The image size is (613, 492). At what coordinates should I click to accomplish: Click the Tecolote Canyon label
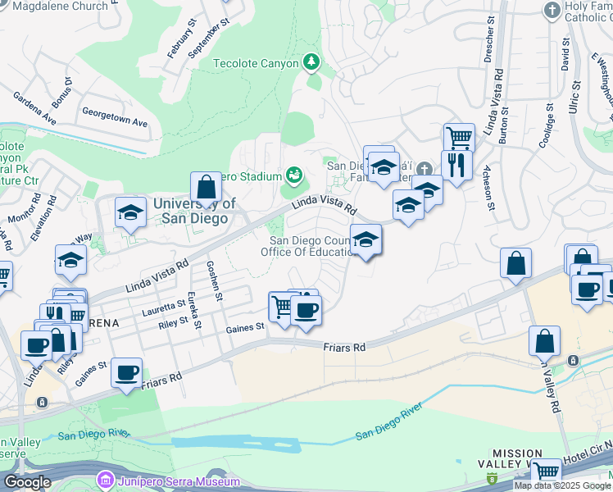pyautogui.click(x=255, y=63)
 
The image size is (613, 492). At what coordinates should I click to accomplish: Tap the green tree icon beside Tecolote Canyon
pyautogui.click(x=311, y=61)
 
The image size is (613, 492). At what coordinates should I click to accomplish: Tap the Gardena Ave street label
pyautogui.click(x=34, y=107)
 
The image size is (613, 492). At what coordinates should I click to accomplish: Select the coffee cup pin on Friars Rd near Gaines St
pyautogui.click(x=127, y=373)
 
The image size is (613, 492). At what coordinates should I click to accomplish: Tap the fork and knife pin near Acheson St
pyautogui.click(x=456, y=166)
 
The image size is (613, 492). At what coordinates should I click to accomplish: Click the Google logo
pyautogui.click(x=27, y=482)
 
